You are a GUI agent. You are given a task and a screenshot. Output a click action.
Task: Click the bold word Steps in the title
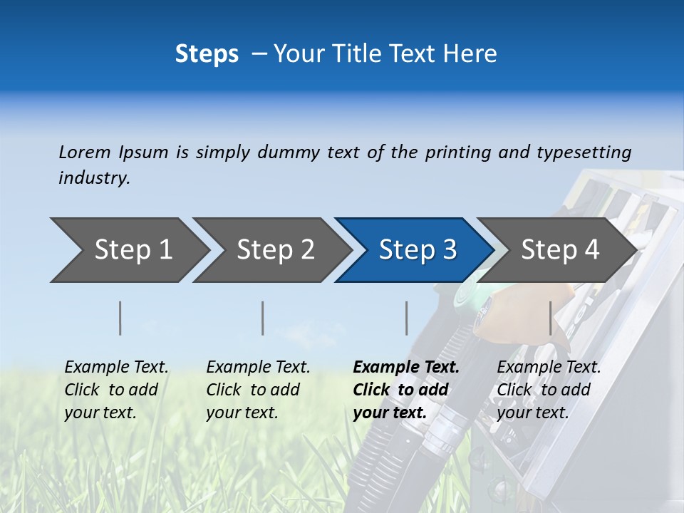207,54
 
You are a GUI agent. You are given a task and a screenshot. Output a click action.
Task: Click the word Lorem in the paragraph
84,152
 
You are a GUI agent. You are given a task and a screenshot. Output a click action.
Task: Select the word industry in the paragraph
93,178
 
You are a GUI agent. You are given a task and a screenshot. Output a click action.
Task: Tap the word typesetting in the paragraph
584,152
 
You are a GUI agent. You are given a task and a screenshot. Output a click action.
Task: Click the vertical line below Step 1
120,318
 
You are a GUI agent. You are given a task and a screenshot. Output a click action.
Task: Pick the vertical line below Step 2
263,318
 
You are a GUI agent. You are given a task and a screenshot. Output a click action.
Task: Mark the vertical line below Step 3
406,318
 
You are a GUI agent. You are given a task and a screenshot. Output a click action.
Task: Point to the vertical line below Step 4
550,318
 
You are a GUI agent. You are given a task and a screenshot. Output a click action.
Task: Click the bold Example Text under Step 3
406,368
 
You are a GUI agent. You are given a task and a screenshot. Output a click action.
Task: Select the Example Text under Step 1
116,368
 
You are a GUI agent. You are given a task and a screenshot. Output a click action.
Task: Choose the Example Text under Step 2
258,368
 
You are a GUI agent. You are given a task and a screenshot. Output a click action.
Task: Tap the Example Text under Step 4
549,368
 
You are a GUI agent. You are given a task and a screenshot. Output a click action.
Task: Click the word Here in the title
473,54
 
